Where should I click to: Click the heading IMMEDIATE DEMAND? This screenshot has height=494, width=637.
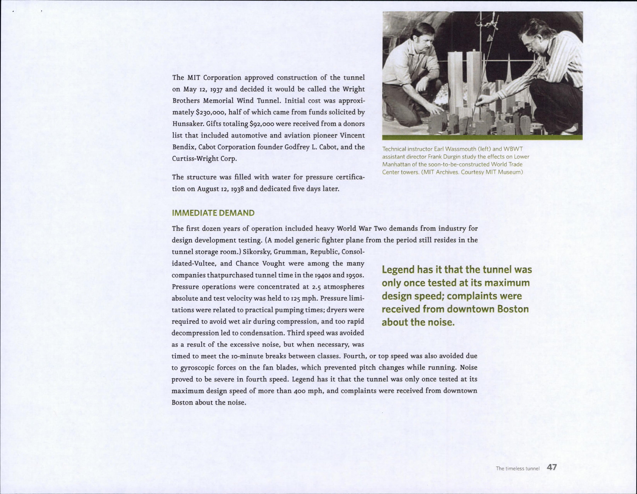coord(213,213)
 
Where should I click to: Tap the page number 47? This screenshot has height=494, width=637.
coord(552,467)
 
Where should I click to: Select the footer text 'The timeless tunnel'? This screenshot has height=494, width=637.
coord(517,469)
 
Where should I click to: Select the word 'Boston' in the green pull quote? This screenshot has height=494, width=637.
coord(513,309)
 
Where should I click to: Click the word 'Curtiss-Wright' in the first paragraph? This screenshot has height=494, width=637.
coord(194,159)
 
